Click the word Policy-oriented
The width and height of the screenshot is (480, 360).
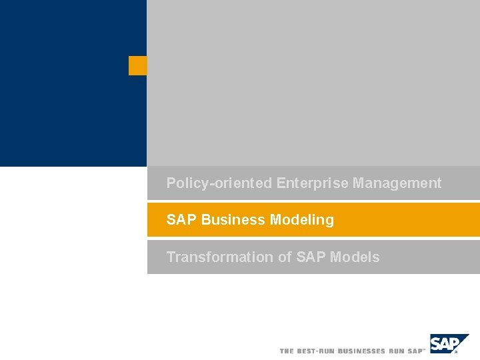pyautogui.click(x=219, y=183)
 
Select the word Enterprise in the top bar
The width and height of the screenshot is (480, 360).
pyautogui.click(x=312, y=183)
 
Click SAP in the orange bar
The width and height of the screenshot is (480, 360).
pyautogui.click(x=181, y=220)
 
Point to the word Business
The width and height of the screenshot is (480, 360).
pyautogui.click(x=233, y=220)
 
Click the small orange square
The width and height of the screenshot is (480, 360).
pyautogui.click(x=137, y=65)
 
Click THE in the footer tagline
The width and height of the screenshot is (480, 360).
pyautogui.click(x=287, y=351)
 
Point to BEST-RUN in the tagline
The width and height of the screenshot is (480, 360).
pyautogui.click(x=316, y=351)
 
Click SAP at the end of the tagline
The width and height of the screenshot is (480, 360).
pyautogui.click(x=415, y=351)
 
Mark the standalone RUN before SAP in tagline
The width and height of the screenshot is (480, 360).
pyautogui.click(x=397, y=351)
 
